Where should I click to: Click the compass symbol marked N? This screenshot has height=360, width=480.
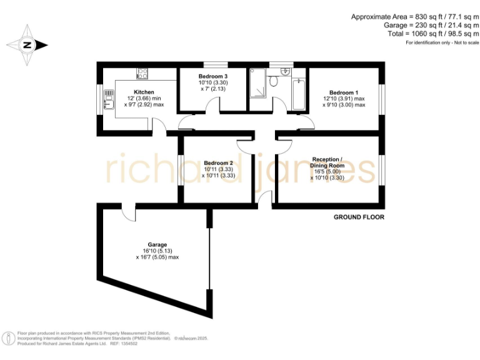[27, 45]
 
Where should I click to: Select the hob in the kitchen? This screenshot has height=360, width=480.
[142, 74]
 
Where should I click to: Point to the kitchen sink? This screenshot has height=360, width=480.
[109, 100]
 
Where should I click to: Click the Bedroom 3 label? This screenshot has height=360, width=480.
[204, 76]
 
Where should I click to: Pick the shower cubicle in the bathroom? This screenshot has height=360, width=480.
[258, 84]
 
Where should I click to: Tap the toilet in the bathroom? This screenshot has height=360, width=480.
[273, 82]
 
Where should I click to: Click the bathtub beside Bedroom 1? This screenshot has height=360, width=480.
[298, 93]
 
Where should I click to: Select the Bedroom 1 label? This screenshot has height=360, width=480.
[342, 92]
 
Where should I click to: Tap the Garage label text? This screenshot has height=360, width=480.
[157, 244]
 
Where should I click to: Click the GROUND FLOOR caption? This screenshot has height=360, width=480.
[359, 217]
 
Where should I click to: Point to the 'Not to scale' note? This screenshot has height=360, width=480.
[463, 42]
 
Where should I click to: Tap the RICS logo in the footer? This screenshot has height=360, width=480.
[9, 338]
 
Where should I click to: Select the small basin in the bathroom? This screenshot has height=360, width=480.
[286, 71]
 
